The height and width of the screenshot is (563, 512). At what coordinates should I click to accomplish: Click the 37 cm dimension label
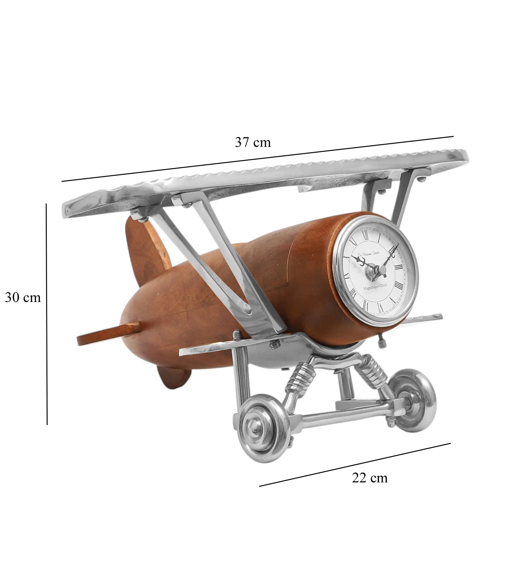[x=253, y=142]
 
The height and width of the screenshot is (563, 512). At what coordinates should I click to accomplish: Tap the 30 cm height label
[x=23, y=298]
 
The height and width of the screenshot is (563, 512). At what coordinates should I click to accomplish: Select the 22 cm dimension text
[x=370, y=478]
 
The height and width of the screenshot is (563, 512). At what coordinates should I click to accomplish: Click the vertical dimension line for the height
[x=47, y=313]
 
